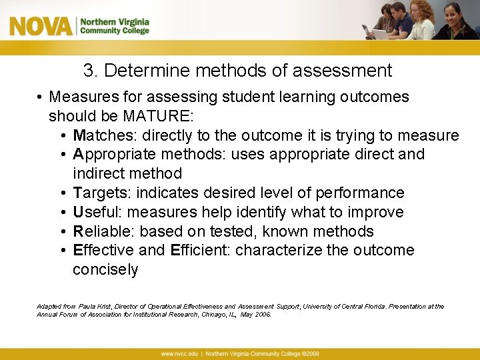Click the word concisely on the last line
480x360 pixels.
[105, 270]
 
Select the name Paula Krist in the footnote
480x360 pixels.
[95, 307]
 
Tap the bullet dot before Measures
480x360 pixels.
[41, 97]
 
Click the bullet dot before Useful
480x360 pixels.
[62, 213]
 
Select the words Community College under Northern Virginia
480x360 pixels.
[115, 31]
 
